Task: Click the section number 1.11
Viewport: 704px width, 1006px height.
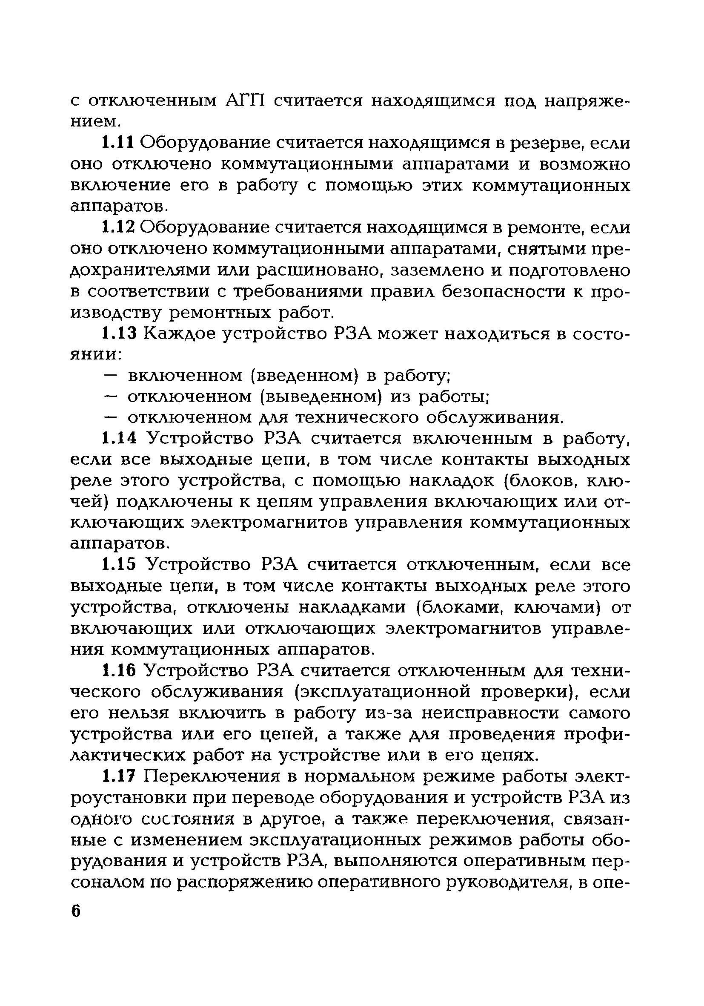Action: [x=119, y=142]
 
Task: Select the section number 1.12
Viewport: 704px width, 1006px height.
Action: [x=119, y=227]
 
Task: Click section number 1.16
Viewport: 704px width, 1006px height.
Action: [x=119, y=673]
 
